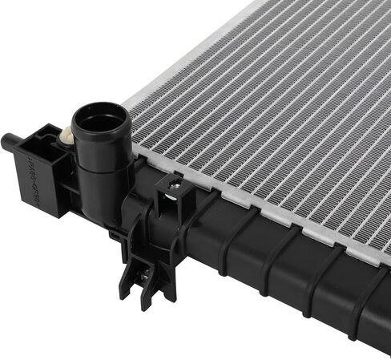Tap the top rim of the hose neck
pyautogui.click(x=101, y=107)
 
